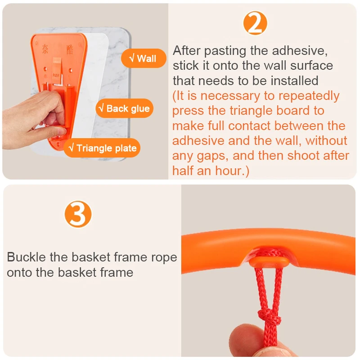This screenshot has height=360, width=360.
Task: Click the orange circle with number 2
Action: click(x=255, y=23)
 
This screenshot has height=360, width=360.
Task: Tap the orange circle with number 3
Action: click(x=78, y=214)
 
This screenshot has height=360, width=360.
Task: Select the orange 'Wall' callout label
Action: click(x=144, y=58)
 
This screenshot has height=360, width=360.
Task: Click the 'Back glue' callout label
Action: click(x=125, y=108)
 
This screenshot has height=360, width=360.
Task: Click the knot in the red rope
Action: click(x=269, y=317)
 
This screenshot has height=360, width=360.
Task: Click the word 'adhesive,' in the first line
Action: click(x=300, y=50)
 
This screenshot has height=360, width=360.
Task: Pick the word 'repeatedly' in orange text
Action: click(x=309, y=96)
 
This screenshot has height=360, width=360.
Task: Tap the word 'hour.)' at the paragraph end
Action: click(x=232, y=171)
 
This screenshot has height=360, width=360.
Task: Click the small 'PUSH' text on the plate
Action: click(x=56, y=75)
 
